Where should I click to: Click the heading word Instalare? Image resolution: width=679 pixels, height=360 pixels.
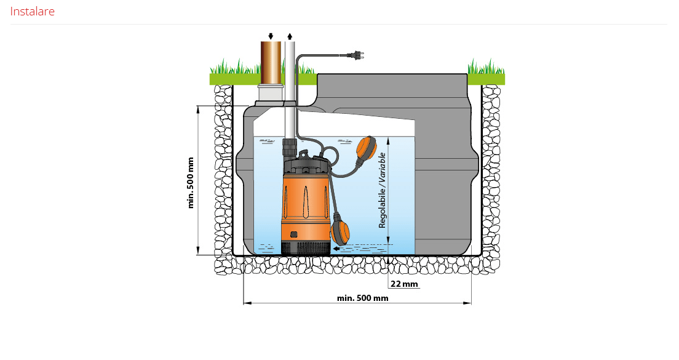coord(33,11)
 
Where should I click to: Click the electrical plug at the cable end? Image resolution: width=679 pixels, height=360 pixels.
coord(355,56)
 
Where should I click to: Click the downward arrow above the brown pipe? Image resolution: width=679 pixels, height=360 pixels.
coord(271,36)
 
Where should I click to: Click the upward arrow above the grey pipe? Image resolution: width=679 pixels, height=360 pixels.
coord(290,36)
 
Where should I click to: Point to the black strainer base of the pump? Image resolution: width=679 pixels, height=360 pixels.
coord(305,247)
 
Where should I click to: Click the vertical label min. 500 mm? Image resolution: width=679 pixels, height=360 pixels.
coord(191,182)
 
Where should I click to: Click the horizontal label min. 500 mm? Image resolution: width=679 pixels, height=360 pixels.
coord(362,298)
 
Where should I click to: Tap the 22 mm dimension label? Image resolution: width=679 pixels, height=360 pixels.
coord(404,284)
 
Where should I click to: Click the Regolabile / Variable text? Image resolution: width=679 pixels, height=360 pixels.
coord(382,190)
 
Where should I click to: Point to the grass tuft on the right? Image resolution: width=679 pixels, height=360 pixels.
coord(486,68)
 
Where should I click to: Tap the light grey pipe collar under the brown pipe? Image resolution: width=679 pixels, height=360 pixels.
coord(271,92)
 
